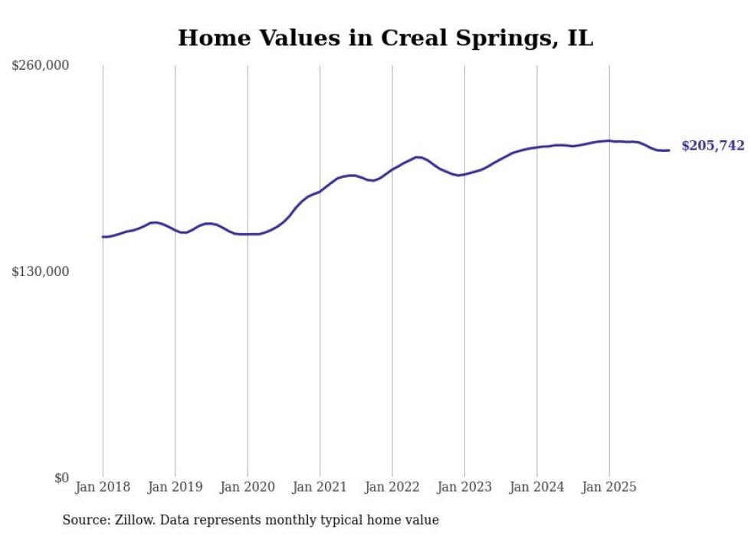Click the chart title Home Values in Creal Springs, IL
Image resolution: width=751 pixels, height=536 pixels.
[385, 38]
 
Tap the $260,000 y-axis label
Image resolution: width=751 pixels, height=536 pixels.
[40, 66]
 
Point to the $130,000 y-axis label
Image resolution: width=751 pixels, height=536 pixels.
[40, 271]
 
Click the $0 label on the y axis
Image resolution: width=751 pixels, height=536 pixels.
[61, 478]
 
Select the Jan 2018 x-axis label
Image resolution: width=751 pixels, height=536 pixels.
[103, 487]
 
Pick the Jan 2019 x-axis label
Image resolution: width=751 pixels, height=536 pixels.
[175, 487]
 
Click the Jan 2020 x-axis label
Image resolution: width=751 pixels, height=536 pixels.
[248, 487]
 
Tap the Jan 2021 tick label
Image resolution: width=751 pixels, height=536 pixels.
[320, 487]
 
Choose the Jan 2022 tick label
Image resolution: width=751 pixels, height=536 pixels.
[392, 487]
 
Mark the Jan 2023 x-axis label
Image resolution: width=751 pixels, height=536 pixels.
[464, 487]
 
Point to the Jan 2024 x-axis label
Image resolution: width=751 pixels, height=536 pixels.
[537, 487]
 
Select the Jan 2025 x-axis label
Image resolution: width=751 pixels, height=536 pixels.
[609, 487]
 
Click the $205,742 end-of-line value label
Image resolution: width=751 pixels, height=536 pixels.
[712, 146]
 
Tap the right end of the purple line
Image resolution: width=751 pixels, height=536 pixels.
[669, 150]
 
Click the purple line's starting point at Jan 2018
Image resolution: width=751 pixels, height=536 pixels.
[103, 237]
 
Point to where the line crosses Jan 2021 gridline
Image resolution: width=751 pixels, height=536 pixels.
[320, 191]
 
